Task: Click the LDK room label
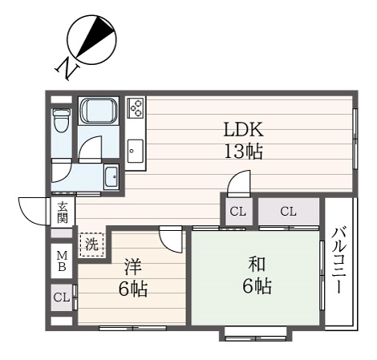pyautogui.click(x=244, y=129)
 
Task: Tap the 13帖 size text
pyautogui.click(x=244, y=152)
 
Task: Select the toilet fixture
pyautogui.click(x=61, y=120)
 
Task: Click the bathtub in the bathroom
pyautogui.click(x=99, y=111)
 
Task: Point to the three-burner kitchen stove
pyautogui.click(x=136, y=107)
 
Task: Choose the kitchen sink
pyautogui.click(x=136, y=151)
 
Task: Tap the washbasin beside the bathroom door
pyautogui.click(x=111, y=177)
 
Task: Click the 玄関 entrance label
pyautogui.click(x=63, y=212)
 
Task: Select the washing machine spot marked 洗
pyautogui.click(x=91, y=245)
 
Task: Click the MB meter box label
pyautogui.click(x=62, y=261)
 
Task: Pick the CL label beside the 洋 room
pyautogui.click(x=62, y=297)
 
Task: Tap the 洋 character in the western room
pyautogui.click(x=133, y=267)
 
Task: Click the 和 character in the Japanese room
pyautogui.click(x=257, y=265)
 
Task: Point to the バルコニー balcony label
pyautogui.click(x=339, y=260)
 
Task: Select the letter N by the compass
pyautogui.click(x=67, y=68)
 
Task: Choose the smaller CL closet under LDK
pyautogui.click(x=238, y=212)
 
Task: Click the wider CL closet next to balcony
pyautogui.click(x=289, y=212)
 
